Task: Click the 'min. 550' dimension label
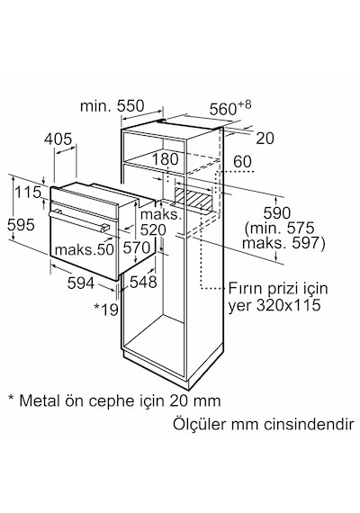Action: (x=112, y=106)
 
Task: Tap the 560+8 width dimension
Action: (x=230, y=108)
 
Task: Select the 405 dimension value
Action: (x=58, y=139)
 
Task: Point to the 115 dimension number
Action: (x=28, y=192)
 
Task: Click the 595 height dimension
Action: (x=21, y=225)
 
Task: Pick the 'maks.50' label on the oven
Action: (x=84, y=249)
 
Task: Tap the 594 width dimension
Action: (x=81, y=283)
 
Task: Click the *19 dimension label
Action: (x=105, y=310)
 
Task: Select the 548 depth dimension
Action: (x=143, y=282)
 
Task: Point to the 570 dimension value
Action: (x=137, y=247)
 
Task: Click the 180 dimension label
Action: (x=166, y=159)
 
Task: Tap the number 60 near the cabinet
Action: (x=242, y=162)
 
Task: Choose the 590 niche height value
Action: (x=277, y=213)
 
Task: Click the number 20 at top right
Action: (x=265, y=139)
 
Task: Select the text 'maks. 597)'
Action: (x=283, y=243)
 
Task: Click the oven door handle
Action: (x=78, y=221)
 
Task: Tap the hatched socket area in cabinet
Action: (x=193, y=198)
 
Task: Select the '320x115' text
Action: (x=288, y=305)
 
